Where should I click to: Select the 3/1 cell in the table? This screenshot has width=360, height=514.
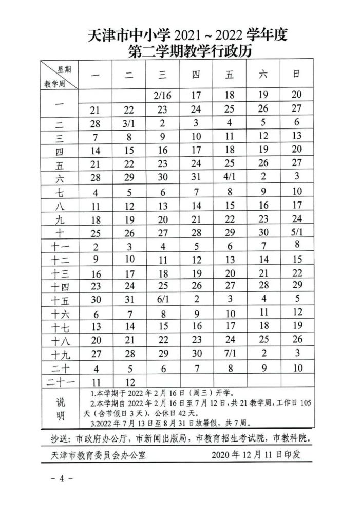(x=128, y=123)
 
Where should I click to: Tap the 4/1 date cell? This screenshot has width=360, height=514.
(x=229, y=177)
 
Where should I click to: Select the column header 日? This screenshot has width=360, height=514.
(x=296, y=75)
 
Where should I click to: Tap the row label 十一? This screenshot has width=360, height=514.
(x=60, y=246)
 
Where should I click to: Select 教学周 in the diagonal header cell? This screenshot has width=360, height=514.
(x=53, y=84)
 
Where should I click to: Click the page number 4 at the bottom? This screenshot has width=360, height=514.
(x=61, y=479)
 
